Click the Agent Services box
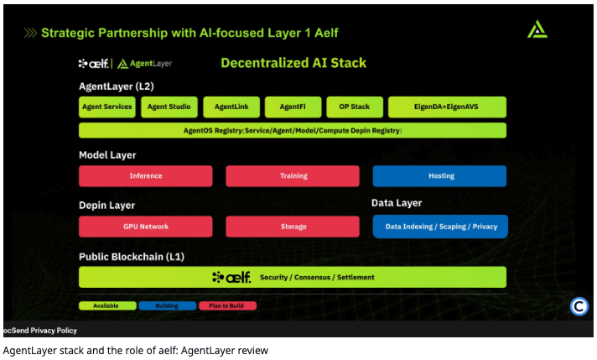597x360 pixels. [107, 107]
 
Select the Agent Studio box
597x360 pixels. [169, 107]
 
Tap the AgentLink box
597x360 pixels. [231, 107]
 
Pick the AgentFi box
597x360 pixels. [293, 107]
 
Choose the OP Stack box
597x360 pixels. [355, 107]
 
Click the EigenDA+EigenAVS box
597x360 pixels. [447, 107]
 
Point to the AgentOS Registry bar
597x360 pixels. [293, 131]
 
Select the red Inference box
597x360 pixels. [146, 176]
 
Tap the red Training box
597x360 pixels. [293, 176]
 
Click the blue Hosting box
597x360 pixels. [439, 176]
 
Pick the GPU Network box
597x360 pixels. [146, 227]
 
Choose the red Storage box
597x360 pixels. [293, 227]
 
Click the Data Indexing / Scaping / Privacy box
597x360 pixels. [439, 227]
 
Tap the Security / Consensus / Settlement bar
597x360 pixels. [293, 277]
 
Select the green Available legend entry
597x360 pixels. [107, 305]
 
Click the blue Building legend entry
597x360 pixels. [167, 305]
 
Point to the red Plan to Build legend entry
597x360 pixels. [227, 305]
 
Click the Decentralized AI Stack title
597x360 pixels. [293, 63]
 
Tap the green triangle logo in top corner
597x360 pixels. [537, 29]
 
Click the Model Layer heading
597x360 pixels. [107, 155]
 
